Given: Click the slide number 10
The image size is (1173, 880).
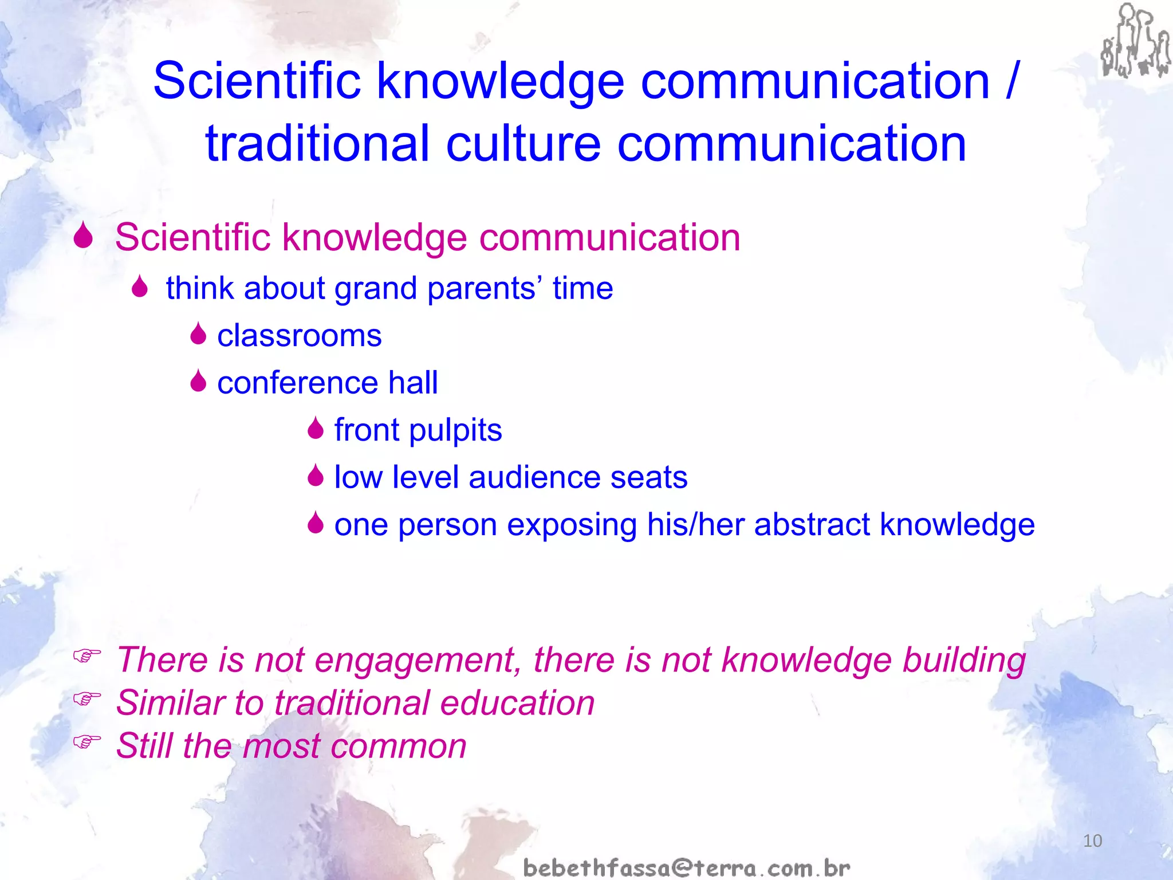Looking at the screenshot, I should pos(1092,840).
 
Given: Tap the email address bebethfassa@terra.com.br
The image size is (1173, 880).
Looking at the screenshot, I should pos(686,867).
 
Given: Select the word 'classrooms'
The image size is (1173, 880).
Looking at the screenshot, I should pos(299,336).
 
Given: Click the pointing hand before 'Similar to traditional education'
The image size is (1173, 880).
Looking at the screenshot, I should pos(86,698).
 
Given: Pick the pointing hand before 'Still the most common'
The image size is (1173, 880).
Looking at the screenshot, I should pos(86,741).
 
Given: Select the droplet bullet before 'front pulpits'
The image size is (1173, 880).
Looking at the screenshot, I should pos(315,429).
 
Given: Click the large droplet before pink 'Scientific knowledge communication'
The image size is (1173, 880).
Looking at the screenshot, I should pos(84,235).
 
